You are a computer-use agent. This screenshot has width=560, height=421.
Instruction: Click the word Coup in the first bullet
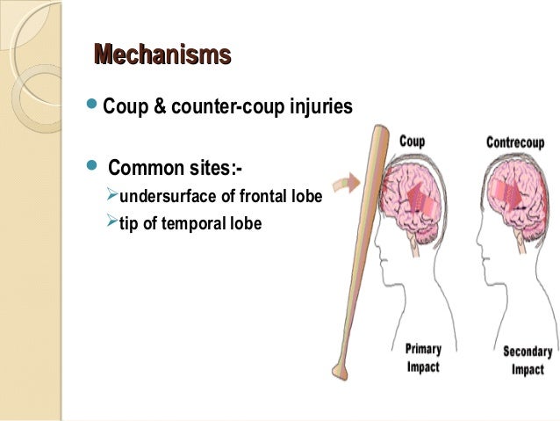coord(124,107)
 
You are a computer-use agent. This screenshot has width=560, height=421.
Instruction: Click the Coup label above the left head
coord(412,141)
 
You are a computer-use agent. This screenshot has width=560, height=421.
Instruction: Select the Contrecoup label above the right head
coord(516,142)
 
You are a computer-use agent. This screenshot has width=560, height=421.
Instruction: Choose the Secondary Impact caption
coord(528,361)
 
